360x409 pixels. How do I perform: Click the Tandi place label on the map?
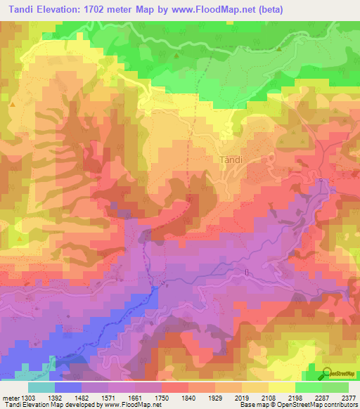pos(231,160)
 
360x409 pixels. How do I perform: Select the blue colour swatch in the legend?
pos(67,387)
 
